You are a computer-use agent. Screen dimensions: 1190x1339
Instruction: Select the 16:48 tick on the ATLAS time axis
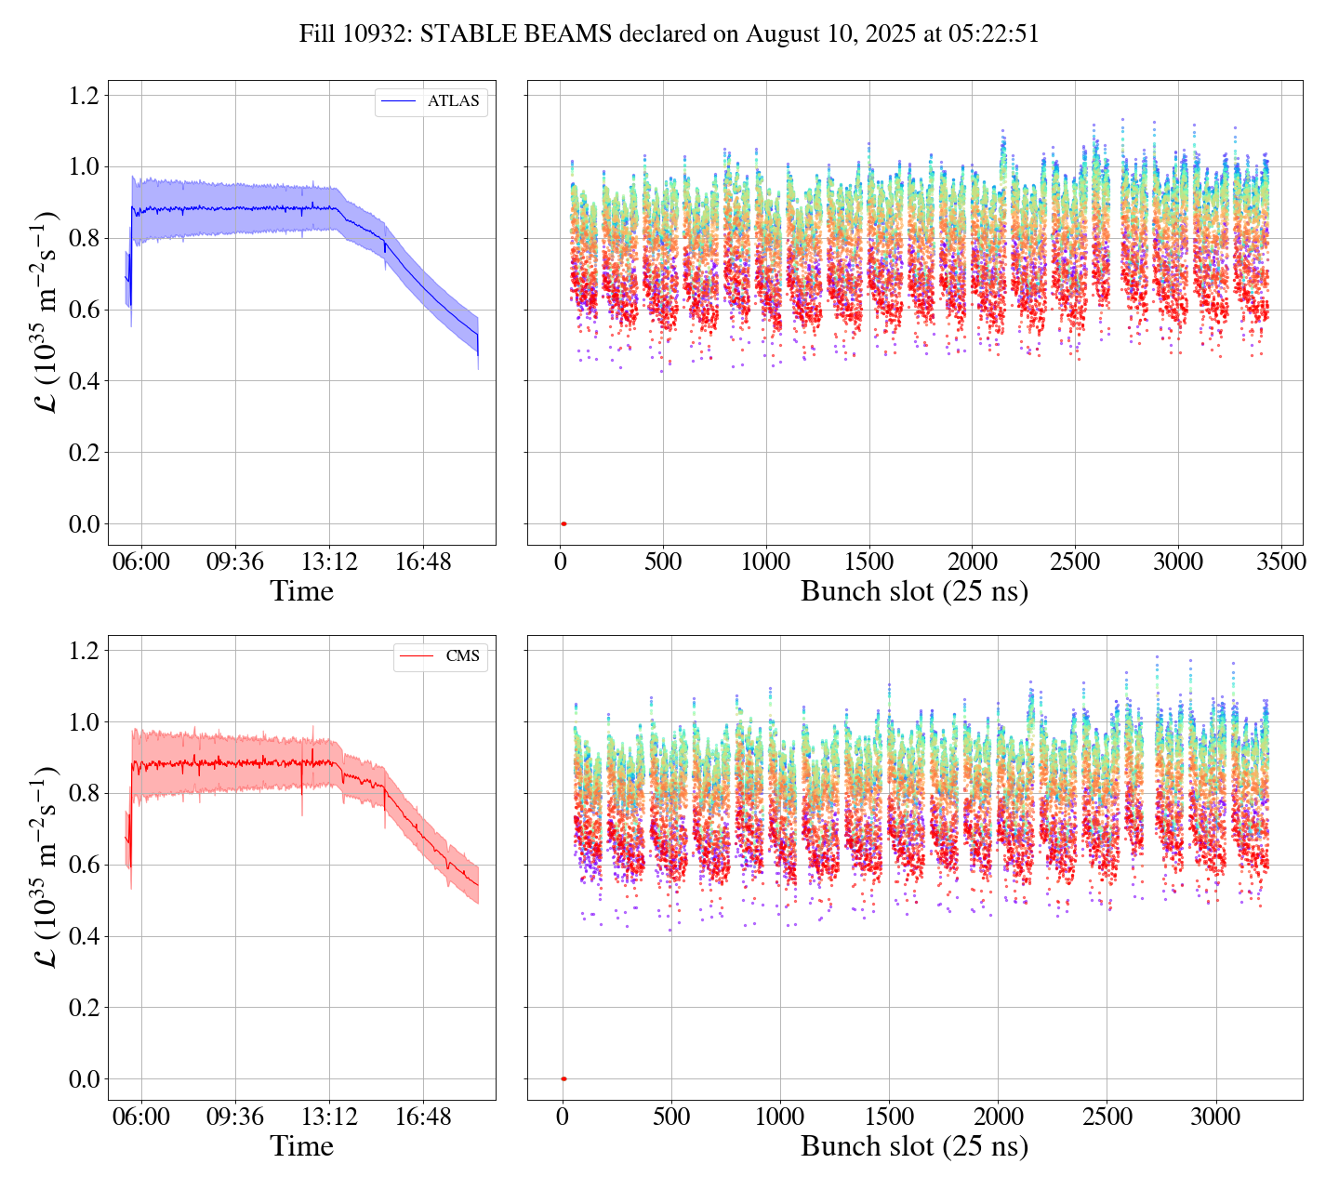423,562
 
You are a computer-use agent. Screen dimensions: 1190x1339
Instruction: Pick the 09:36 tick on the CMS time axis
234,1117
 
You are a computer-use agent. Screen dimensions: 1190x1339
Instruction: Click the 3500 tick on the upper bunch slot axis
1280,562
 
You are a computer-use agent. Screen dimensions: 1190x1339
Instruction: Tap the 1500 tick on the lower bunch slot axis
889,1117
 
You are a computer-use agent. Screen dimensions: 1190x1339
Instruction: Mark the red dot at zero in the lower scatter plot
563,1078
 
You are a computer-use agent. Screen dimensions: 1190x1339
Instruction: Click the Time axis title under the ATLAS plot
301,591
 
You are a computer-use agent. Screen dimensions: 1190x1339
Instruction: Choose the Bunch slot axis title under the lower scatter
914,1146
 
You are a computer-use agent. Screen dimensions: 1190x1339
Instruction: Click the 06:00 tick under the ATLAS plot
142,562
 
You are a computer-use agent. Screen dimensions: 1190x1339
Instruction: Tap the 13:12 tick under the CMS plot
330,1117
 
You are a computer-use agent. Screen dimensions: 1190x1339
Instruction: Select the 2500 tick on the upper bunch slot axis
1075,562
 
